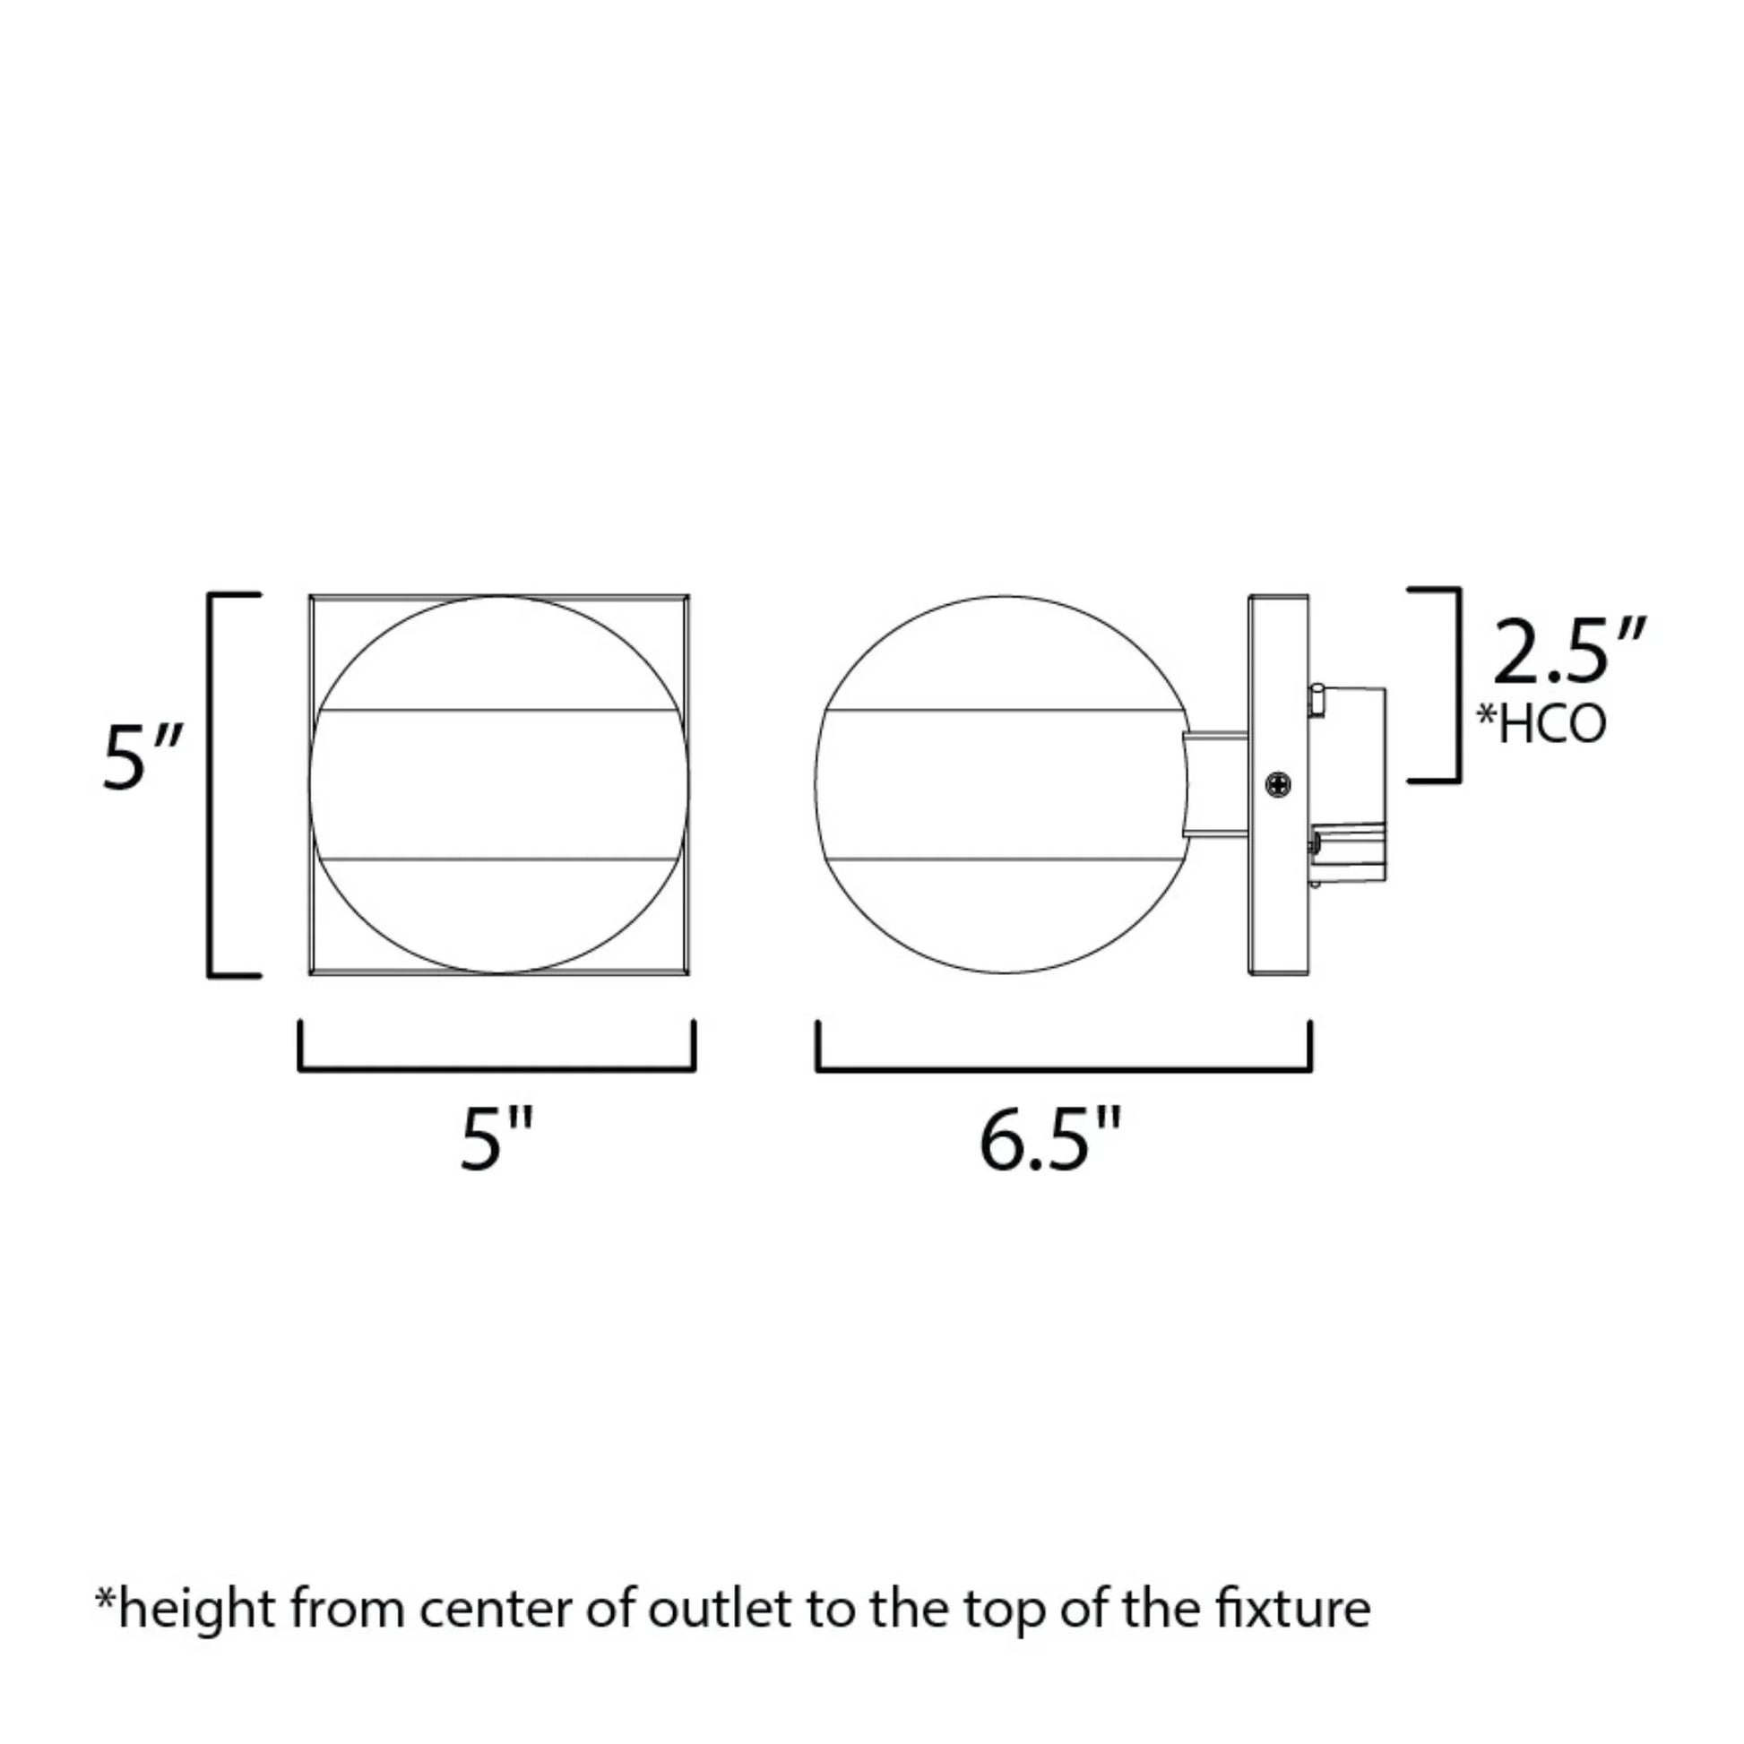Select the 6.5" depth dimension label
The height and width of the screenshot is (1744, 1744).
(1049, 1140)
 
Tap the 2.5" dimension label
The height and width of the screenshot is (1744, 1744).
(1569, 652)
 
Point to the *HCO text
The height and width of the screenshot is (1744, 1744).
(1541, 725)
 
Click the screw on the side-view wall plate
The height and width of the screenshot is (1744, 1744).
(1278, 784)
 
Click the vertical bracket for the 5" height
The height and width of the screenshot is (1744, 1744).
(212, 784)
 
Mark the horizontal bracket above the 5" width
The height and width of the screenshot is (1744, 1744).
(497, 1070)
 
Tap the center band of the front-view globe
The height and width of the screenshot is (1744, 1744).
(498, 784)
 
